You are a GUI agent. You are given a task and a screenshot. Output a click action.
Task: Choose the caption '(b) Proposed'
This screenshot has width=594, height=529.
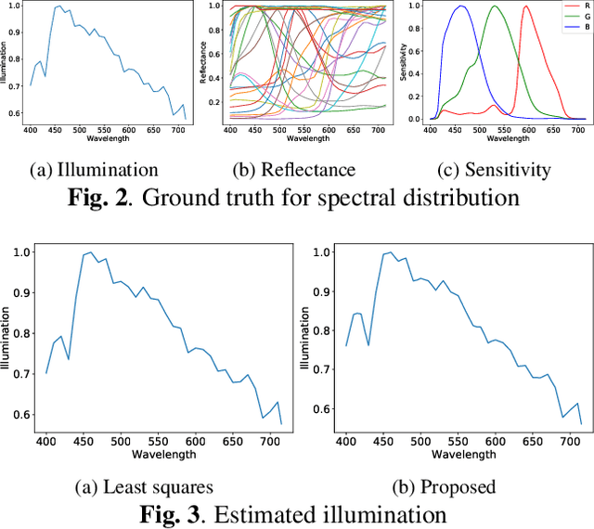tap(445, 486)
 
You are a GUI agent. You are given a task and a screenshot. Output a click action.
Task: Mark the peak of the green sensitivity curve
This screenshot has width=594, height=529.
tap(494, 6)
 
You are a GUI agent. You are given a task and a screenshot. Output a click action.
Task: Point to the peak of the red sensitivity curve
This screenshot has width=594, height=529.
tap(526, 6)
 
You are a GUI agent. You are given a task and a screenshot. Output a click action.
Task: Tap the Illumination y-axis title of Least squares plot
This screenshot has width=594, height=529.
tap(6, 340)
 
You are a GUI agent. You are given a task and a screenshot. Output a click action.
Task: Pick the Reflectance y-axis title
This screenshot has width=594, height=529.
tap(204, 62)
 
